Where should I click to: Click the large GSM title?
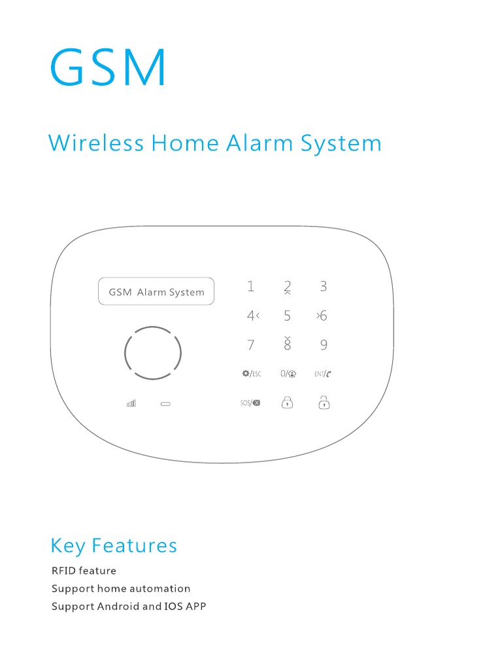pyautogui.click(x=108, y=67)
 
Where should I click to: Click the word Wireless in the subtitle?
pyautogui.click(x=96, y=143)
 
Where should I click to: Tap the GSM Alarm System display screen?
pyautogui.click(x=156, y=292)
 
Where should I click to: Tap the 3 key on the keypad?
pyautogui.click(x=323, y=286)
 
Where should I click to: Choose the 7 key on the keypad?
pyautogui.click(x=251, y=345)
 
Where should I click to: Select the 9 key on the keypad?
pyautogui.click(x=324, y=345)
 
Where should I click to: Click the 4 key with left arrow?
pyautogui.click(x=253, y=316)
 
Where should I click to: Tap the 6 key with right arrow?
pyautogui.click(x=322, y=316)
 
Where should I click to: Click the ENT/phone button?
pyautogui.click(x=323, y=374)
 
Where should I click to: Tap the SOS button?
pyautogui.click(x=250, y=403)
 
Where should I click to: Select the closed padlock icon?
pyautogui.click(x=287, y=402)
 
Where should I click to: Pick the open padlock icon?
pyautogui.click(x=324, y=402)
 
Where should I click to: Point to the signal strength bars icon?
pyautogui.click(x=131, y=404)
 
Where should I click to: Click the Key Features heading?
pyautogui.click(x=114, y=546)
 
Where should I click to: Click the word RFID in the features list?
pyautogui.click(x=63, y=571)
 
